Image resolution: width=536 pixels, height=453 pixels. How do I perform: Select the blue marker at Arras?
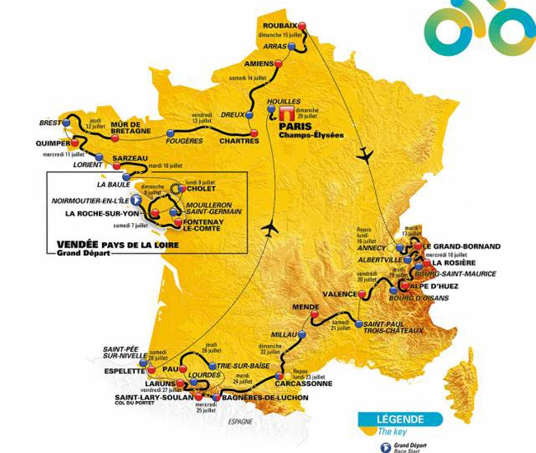point(292,46)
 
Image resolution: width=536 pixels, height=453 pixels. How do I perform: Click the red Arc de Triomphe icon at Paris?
point(285,113)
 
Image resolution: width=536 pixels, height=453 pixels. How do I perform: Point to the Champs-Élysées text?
point(311,135)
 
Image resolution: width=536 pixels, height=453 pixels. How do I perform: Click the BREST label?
point(50,123)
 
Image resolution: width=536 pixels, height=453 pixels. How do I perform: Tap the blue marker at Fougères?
point(170,133)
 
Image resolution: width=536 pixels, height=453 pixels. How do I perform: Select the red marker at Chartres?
point(254,133)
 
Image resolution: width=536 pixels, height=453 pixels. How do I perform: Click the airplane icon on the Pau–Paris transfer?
point(271,229)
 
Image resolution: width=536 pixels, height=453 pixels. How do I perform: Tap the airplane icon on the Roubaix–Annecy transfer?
point(365,154)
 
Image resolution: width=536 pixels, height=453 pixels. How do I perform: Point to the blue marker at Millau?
point(303,334)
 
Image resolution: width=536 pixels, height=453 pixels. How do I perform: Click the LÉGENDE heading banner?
point(400,419)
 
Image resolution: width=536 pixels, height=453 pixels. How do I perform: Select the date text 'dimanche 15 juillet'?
point(280,35)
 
